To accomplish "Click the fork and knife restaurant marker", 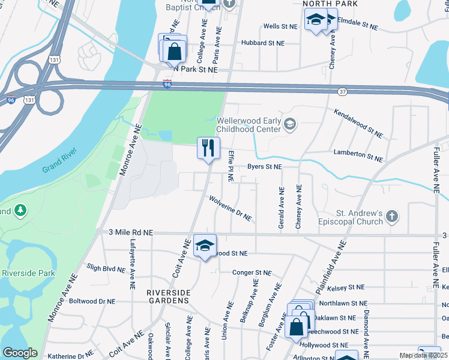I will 208,148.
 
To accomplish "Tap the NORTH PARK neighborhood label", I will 330,4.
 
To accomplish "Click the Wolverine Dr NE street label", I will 230,208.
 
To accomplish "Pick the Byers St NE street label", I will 265,167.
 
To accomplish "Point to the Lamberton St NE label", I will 358,155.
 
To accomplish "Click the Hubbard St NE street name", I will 262,43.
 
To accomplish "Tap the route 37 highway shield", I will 342,92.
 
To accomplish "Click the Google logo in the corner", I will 20,353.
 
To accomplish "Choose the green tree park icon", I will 21,211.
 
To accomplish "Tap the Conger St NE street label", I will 252,272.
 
